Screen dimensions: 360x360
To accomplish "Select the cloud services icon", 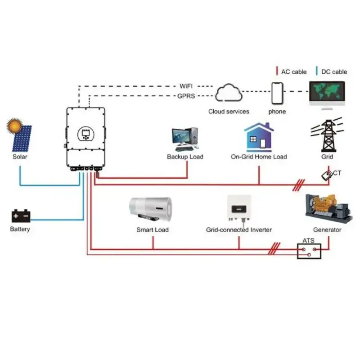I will pos(229,94).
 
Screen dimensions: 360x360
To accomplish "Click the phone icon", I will pos(277,94).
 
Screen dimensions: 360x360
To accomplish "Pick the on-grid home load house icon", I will pos(259,137).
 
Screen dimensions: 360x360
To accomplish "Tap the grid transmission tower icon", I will pos(327,135).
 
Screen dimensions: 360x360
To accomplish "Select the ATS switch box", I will pos(309,251).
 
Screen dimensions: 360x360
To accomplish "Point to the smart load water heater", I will pos(151,209).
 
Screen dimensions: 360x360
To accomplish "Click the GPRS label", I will pos(186,96).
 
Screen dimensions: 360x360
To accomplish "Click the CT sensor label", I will pos(337,173).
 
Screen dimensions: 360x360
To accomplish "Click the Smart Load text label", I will pos(153,230).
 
